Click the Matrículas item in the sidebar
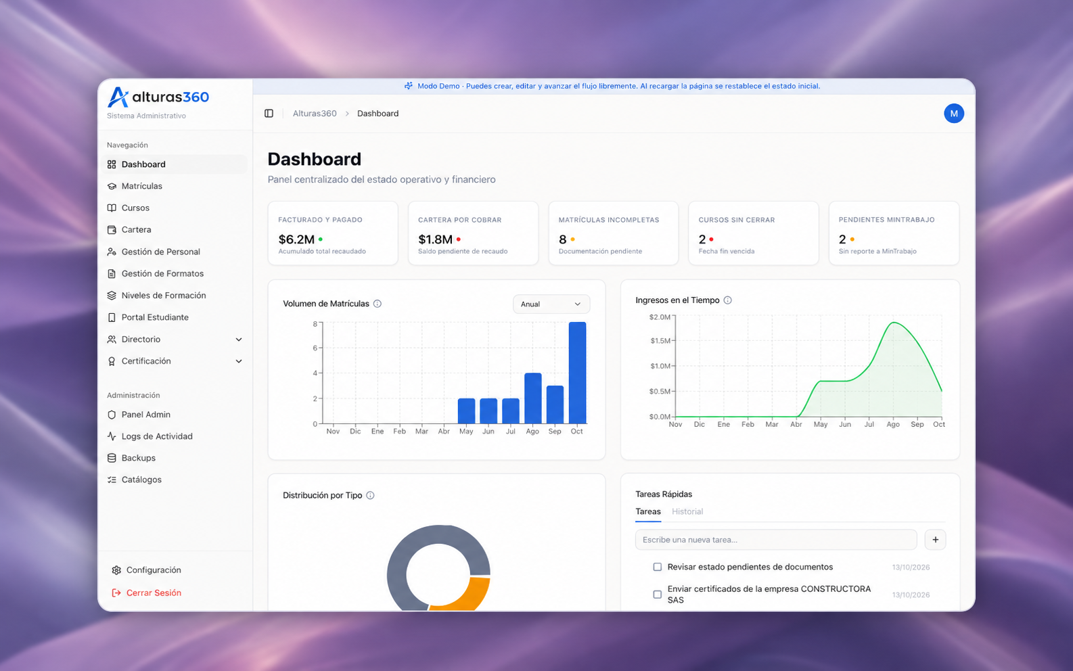click(141, 186)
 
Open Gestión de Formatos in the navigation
click(162, 273)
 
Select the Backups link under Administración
click(138, 458)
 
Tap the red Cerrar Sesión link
click(154, 593)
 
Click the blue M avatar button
click(953, 114)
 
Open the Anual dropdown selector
click(551, 304)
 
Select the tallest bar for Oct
click(577, 373)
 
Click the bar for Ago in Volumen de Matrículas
click(532, 398)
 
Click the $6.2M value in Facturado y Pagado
click(296, 239)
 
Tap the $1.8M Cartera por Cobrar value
click(436, 239)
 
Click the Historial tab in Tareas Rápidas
click(687, 511)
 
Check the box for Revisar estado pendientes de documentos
click(657, 567)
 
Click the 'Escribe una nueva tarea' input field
click(776, 540)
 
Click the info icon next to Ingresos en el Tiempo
click(728, 300)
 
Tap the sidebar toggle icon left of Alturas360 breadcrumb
click(269, 114)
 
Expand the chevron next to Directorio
click(239, 340)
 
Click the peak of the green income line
click(894, 323)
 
